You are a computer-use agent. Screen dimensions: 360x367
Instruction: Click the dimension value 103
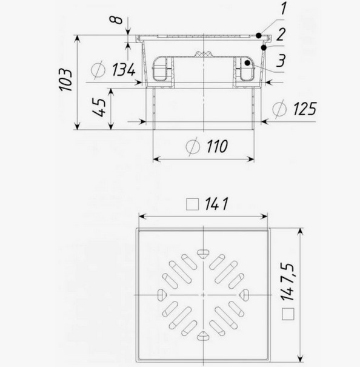(65, 79)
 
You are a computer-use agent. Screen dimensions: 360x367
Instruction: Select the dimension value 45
(99, 107)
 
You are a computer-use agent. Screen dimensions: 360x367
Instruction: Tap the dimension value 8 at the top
(116, 20)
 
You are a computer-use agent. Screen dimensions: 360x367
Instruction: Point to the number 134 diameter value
(124, 70)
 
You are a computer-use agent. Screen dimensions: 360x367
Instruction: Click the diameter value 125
(305, 109)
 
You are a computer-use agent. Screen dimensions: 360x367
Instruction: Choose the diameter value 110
(217, 146)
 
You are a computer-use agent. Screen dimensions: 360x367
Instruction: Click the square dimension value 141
(216, 204)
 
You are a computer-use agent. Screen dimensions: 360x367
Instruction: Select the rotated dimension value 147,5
(287, 282)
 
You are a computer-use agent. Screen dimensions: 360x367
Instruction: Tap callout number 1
(283, 8)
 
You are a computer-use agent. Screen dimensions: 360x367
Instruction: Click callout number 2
(281, 35)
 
